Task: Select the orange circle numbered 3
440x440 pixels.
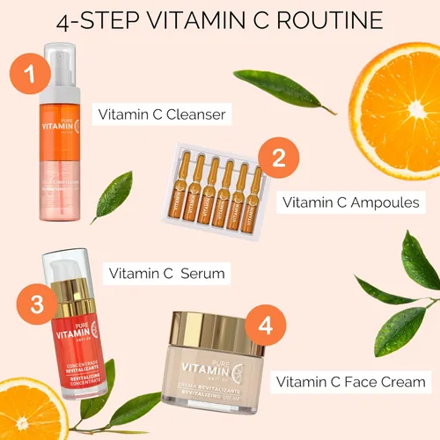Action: click(x=37, y=304)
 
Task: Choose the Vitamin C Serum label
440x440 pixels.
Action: click(x=166, y=274)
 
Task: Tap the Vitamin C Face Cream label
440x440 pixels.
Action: click(x=351, y=382)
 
